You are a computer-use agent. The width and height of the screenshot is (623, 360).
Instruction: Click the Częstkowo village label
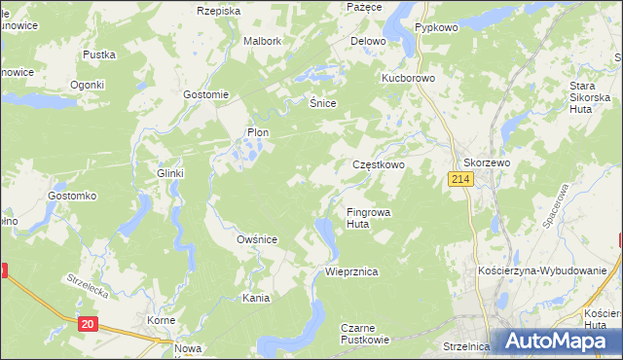pos(378,165)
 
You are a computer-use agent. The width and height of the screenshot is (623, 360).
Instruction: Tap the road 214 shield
pos(461,180)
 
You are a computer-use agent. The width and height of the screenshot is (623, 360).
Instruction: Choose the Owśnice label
pos(258,238)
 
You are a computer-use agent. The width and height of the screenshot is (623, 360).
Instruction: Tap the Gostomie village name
pos(205,94)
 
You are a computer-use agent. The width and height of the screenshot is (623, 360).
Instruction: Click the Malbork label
pos(263,42)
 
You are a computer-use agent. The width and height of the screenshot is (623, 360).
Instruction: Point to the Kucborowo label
pos(407,76)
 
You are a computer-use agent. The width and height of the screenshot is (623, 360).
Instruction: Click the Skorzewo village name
pos(487,162)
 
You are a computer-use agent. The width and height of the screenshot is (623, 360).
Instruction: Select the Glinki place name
pos(170,173)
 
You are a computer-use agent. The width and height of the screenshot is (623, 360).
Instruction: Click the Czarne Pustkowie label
pos(365,334)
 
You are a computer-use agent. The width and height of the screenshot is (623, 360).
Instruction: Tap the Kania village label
pos(256,298)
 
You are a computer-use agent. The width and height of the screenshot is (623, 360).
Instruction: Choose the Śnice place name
pos(322,102)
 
